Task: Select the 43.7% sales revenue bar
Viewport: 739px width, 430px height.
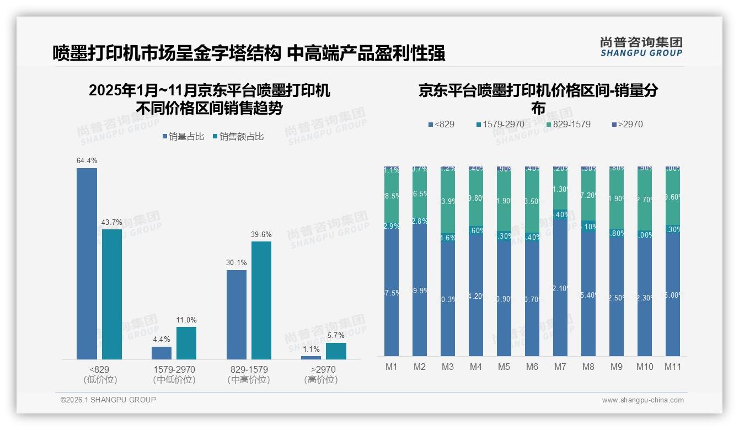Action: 112,294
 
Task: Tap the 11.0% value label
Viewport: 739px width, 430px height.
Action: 186,320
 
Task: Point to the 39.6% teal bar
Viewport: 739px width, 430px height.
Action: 261,300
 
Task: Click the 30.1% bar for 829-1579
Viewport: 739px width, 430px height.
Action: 237,315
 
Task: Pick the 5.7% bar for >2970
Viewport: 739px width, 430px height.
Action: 336,351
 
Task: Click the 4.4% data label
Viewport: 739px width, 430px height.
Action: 162,339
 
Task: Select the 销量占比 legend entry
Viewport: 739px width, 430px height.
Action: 183,137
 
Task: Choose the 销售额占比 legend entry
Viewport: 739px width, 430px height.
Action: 238,137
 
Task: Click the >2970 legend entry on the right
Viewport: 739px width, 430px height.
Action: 626,125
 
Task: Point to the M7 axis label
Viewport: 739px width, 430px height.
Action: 560,367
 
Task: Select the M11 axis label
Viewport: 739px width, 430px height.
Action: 672,367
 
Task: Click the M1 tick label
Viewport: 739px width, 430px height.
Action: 391,367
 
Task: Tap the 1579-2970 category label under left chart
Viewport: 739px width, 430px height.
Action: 174,369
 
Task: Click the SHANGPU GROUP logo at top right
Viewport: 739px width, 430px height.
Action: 641,47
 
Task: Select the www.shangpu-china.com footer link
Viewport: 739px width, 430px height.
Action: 642,400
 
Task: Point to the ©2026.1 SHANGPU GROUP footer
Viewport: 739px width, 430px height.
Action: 108,400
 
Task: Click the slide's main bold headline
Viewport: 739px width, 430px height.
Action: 249,53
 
